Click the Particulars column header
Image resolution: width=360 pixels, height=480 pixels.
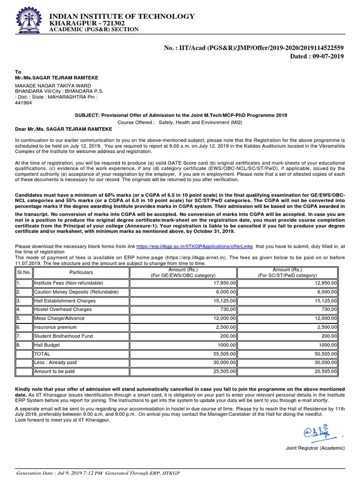(x=81, y=272)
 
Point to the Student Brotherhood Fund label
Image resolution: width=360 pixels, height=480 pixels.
(x=63, y=336)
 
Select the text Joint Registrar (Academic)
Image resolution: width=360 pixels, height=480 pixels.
(x=315, y=448)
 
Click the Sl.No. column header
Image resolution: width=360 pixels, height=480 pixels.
(x=23, y=272)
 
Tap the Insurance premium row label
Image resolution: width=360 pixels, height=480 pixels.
(x=54, y=327)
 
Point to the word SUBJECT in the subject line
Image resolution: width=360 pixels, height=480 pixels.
(x=87, y=115)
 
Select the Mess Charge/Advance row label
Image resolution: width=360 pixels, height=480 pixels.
(x=59, y=318)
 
